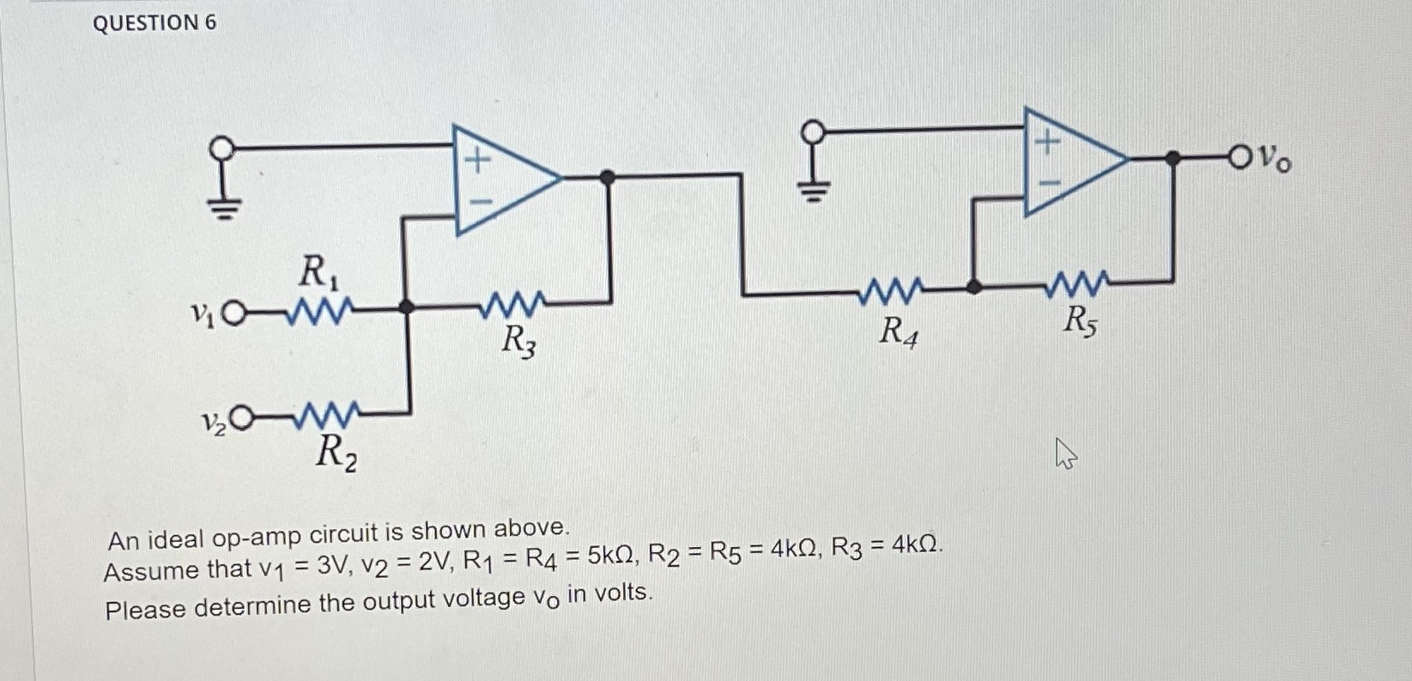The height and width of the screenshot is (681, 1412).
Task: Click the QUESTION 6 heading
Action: [x=155, y=23]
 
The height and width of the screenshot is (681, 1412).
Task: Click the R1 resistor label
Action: [x=318, y=273]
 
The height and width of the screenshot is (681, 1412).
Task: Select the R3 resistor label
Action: [x=519, y=341]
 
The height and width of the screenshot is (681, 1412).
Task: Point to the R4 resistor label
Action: [x=898, y=331]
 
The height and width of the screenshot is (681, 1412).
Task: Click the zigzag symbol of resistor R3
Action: [x=512, y=303]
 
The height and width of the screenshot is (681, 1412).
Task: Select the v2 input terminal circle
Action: [x=243, y=418]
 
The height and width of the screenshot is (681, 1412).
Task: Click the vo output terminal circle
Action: [x=1241, y=157]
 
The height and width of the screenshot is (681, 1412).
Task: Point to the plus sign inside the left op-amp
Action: [x=477, y=158]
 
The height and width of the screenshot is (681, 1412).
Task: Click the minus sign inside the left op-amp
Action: [x=481, y=203]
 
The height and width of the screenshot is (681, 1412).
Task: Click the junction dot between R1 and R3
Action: [x=407, y=307]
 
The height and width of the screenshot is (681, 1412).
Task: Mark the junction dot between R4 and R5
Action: [x=973, y=287]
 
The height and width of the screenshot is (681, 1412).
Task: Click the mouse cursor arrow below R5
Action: [x=1064, y=453]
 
